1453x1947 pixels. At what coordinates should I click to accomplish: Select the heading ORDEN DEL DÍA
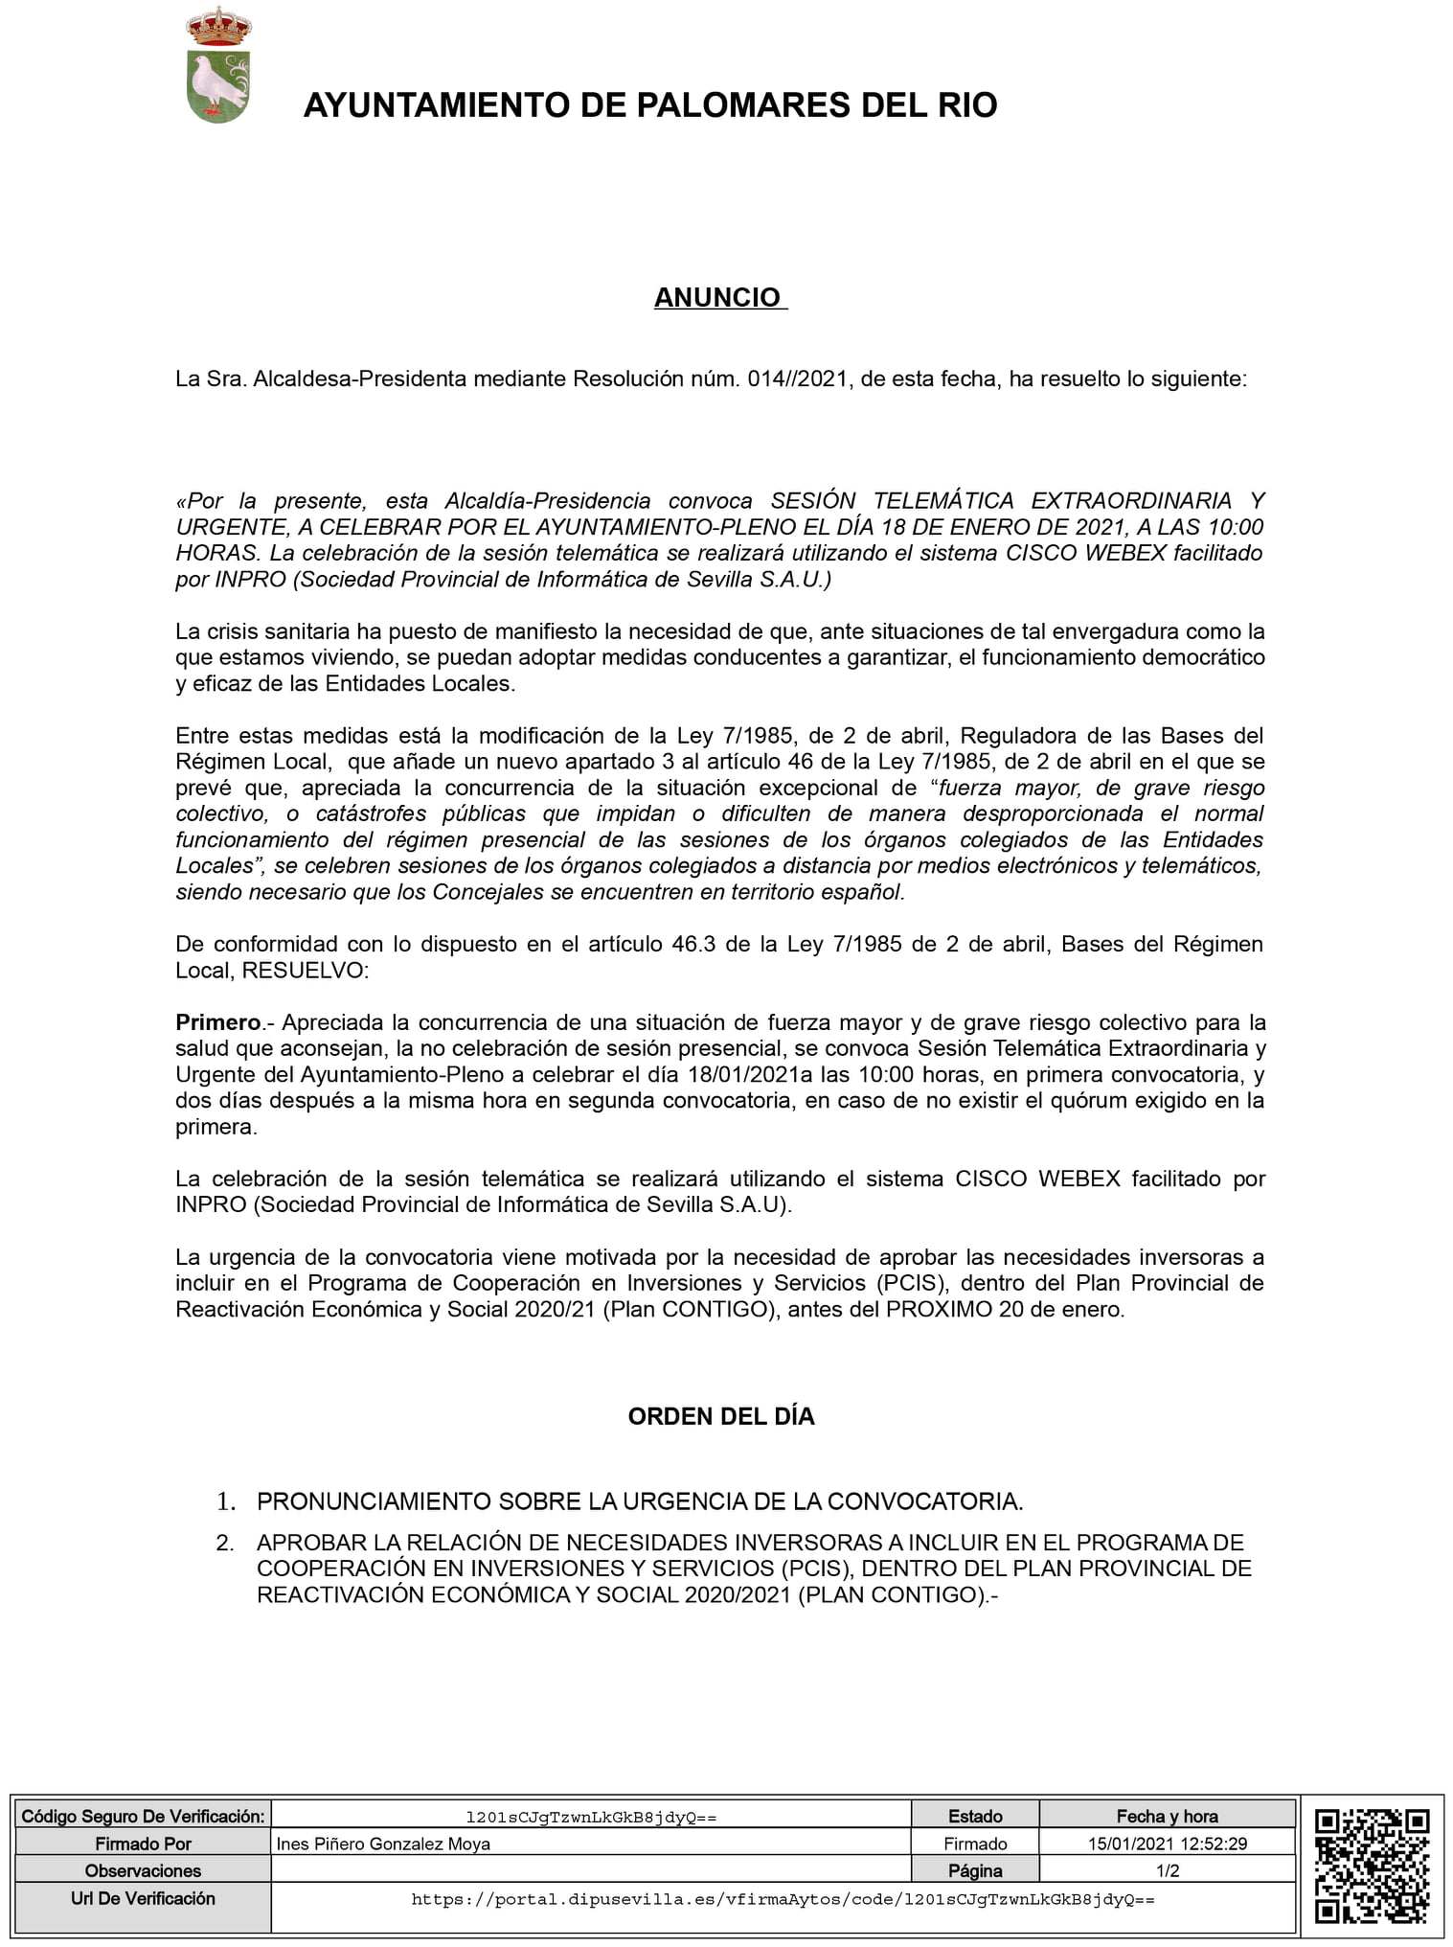[x=720, y=1417]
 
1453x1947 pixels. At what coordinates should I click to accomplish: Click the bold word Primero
[x=217, y=1022]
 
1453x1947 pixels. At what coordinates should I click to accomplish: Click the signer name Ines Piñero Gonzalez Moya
[x=383, y=1844]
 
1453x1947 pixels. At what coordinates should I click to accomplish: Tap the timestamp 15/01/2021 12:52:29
[x=1167, y=1844]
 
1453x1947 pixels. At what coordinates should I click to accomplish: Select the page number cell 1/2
[x=1167, y=1870]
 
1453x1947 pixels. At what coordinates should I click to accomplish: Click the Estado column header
[x=974, y=1816]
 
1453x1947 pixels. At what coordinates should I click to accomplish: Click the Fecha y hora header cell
[x=1167, y=1816]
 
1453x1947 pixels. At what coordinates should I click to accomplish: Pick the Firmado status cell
[x=974, y=1844]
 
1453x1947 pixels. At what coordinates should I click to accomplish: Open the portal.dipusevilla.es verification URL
[x=783, y=1899]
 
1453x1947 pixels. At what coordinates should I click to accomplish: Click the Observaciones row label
[x=143, y=1870]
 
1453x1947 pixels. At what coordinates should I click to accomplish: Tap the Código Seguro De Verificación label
[x=143, y=1816]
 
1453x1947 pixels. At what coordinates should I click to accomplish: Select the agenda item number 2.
[x=225, y=1543]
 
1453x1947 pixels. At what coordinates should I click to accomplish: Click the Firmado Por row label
[x=143, y=1844]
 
